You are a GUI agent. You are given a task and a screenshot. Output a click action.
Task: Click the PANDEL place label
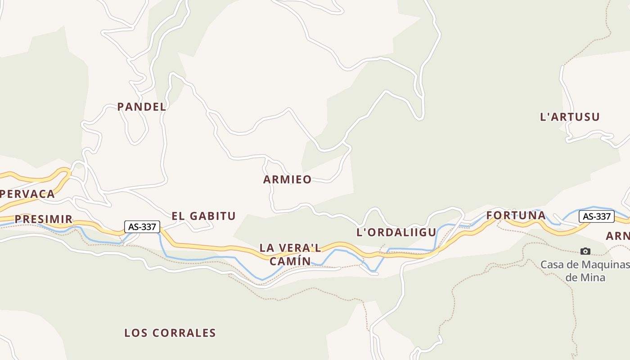[142, 107]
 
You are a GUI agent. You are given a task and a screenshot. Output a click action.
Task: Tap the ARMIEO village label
[287, 180]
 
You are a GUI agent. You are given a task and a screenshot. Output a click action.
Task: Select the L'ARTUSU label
[570, 117]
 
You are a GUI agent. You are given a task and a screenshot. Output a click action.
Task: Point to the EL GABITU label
[203, 216]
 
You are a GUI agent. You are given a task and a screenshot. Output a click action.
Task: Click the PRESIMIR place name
[43, 219]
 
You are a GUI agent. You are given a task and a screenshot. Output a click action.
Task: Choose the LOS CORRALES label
[170, 333]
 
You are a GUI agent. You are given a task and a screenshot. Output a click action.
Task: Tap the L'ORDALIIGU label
[396, 233]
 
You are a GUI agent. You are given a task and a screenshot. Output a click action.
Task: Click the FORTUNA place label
[516, 216]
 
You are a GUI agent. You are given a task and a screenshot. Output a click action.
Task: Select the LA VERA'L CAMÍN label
[290, 254]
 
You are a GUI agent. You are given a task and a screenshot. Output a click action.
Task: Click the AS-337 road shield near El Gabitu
[142, 227]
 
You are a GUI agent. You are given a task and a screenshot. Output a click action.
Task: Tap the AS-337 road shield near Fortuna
[596, 216]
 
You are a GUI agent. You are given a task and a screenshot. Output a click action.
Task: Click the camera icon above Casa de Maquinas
[585, 251]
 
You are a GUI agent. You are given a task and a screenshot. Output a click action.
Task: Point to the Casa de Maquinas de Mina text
[585, 270]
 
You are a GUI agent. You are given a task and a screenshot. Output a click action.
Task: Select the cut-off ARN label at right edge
[617, 236]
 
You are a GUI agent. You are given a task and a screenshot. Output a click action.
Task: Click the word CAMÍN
[290, 261]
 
